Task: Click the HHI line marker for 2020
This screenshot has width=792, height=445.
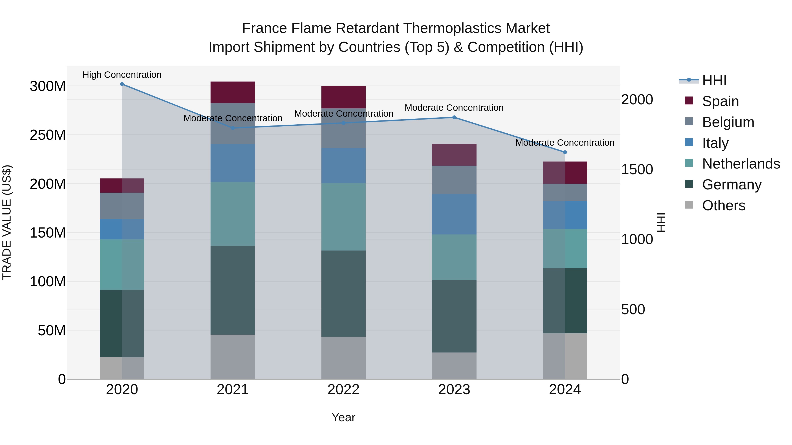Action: [122, 84]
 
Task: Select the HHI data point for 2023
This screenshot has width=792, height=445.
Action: [454, 117]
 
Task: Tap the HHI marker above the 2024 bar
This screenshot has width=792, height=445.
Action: [565, 152]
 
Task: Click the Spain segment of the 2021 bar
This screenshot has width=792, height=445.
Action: [233, 92]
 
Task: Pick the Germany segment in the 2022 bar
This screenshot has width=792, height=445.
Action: [343, 294]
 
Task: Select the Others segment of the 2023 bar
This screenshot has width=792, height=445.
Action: [454, 365]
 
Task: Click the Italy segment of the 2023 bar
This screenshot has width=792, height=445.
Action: [454, 214]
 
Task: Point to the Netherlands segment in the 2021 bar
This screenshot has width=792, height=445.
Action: [233, 214]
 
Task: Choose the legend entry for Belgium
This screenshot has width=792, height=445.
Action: [728, 122]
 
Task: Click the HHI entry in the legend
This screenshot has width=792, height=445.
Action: [714, 80]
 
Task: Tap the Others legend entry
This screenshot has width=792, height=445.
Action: [723, 205]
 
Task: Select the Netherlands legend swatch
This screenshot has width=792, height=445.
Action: [689, 163]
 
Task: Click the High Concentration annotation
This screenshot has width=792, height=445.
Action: [122, 75]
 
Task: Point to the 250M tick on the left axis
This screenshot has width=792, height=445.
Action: [48, 135]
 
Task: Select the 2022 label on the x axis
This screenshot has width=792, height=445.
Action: [343, 390]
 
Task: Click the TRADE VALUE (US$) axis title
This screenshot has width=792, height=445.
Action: [7, 222]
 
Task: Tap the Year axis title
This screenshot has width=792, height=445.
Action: [343, 417]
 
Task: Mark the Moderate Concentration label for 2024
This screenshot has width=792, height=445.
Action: [565, 143]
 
